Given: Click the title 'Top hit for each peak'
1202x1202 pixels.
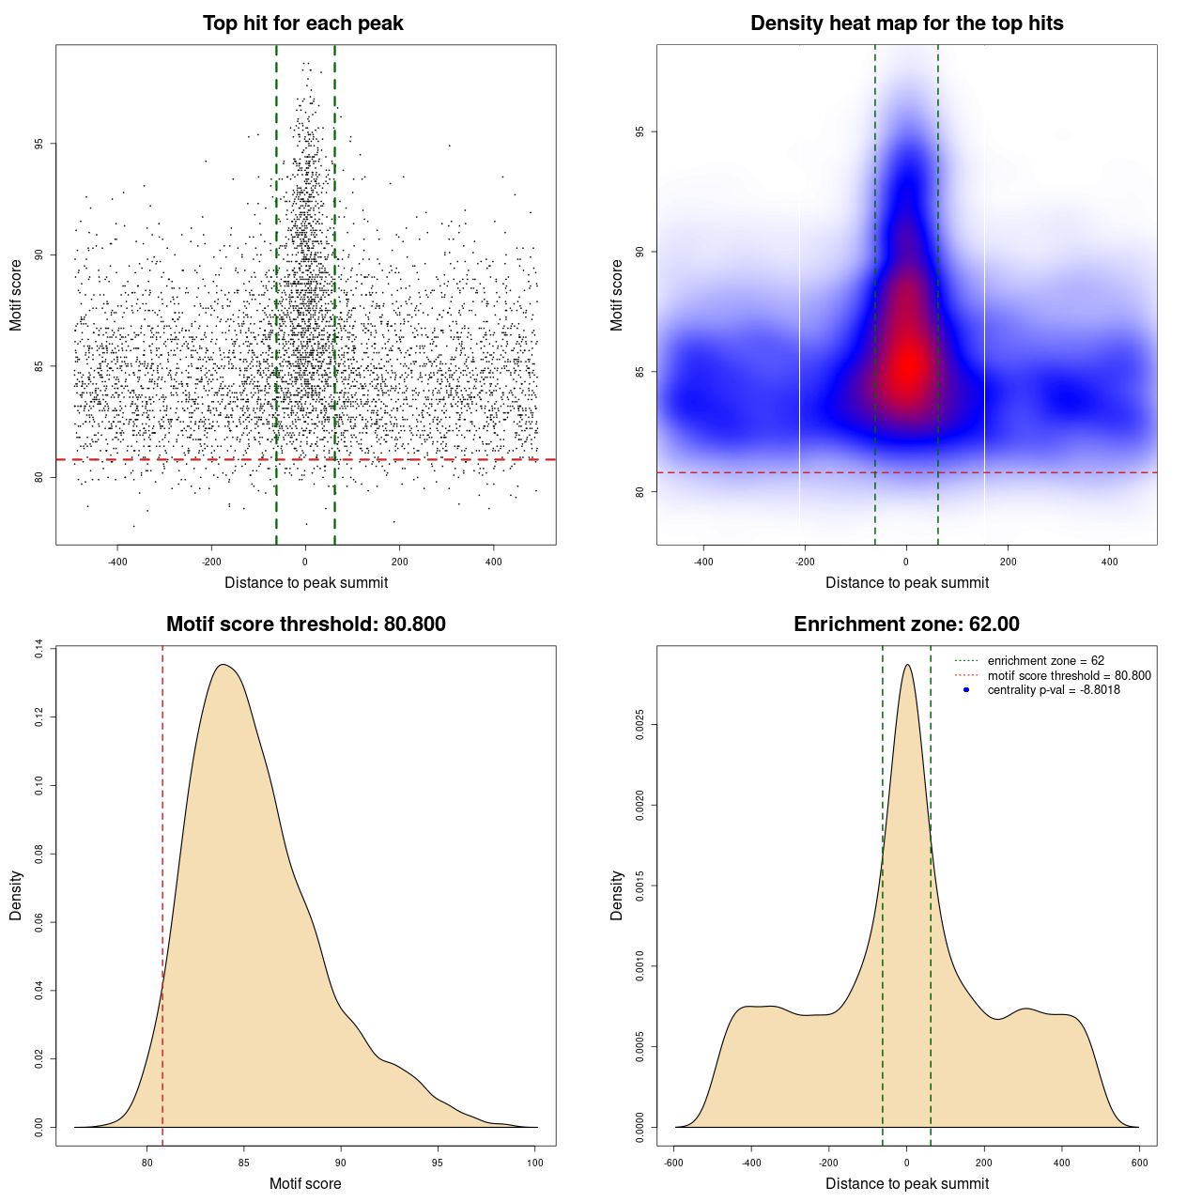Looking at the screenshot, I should (x=302, y=23).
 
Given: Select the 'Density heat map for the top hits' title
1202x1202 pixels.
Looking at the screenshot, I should (x=906, y=23).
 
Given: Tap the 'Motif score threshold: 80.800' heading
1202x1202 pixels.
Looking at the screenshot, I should (x=305, y=624).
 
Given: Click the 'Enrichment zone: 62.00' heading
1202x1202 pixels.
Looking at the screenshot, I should (x=906, y=624).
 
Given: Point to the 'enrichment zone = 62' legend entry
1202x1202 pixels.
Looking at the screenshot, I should (x=1045, y=661).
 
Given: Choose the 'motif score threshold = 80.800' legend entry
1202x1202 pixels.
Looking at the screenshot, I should (x=1069, y=675).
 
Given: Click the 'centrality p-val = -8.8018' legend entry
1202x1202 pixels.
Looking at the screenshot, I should (x=1054, y=690).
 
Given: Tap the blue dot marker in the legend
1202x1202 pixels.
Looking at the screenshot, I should (x=966, y=690).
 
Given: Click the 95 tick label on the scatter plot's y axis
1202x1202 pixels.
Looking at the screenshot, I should (x=39, y=144).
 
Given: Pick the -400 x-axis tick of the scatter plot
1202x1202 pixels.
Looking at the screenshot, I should (x=117, y=562).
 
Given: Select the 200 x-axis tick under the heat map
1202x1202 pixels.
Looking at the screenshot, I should (x=1008, y=562).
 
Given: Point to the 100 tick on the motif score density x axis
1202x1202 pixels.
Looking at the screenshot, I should (x=535, y=1163).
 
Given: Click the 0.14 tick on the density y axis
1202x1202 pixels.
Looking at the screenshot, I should (x=39, y=649).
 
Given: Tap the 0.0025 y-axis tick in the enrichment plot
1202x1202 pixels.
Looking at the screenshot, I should (x=640, y=725).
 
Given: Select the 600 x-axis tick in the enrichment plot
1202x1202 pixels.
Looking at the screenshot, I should (x=1139, y=1163).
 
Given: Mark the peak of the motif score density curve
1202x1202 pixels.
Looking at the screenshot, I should (x=223, y=665).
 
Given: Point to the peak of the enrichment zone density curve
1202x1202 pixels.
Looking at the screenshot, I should (x=907, y=665).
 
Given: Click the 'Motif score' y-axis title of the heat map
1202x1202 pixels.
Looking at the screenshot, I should (x=617, y=295).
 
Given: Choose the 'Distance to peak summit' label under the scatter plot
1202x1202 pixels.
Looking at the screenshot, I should (x=306, y=583).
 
